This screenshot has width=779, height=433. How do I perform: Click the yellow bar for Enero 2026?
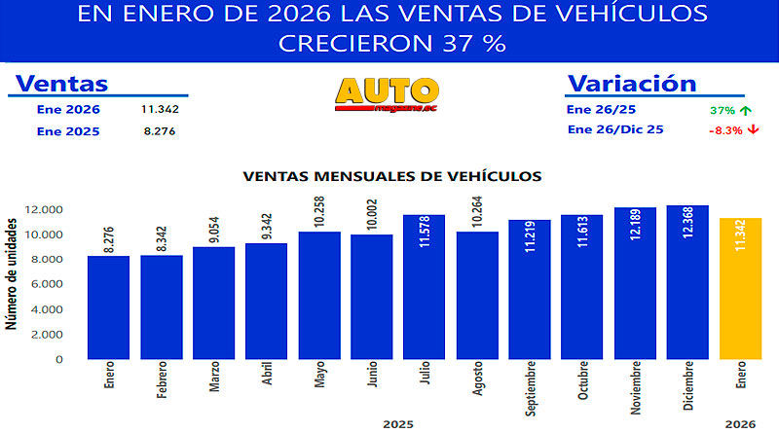click(740, 288)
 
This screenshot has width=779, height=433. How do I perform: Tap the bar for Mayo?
click(319, 295)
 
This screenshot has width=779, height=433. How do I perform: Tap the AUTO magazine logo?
click(387, 94)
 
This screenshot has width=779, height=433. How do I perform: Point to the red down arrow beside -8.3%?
click(753, 129)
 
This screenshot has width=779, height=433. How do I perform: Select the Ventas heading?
click(62, 84)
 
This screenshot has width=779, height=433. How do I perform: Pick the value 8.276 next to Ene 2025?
click(158, 131)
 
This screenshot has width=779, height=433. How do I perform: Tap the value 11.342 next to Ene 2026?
click(160, 109)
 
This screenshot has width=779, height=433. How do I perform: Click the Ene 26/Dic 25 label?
click(614, 129)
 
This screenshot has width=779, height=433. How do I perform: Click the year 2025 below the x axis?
click(397, 424)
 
